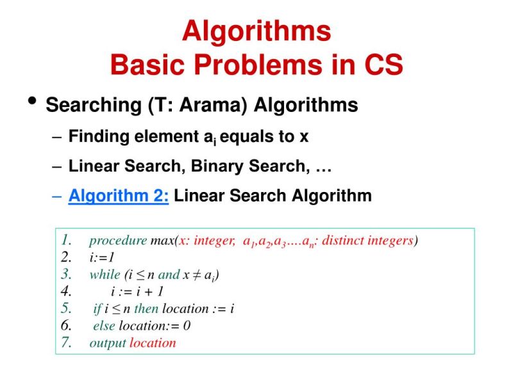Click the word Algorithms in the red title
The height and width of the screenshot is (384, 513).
click(x=256, y=31)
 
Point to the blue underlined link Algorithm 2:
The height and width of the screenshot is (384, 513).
click(x=119, y=195)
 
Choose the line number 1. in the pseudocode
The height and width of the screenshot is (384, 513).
click(x=67, y=241)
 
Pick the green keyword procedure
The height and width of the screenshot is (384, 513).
click(x=118, y=241)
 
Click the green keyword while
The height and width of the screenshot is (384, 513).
click(x=105, y=275)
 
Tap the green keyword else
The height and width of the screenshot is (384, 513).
click(x=105, y=325)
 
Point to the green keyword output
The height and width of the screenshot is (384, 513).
click(x=108, y=342)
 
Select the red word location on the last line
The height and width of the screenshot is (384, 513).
click(x=153, y=342)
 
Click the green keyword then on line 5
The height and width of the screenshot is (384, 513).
click(x=146, y=308)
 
